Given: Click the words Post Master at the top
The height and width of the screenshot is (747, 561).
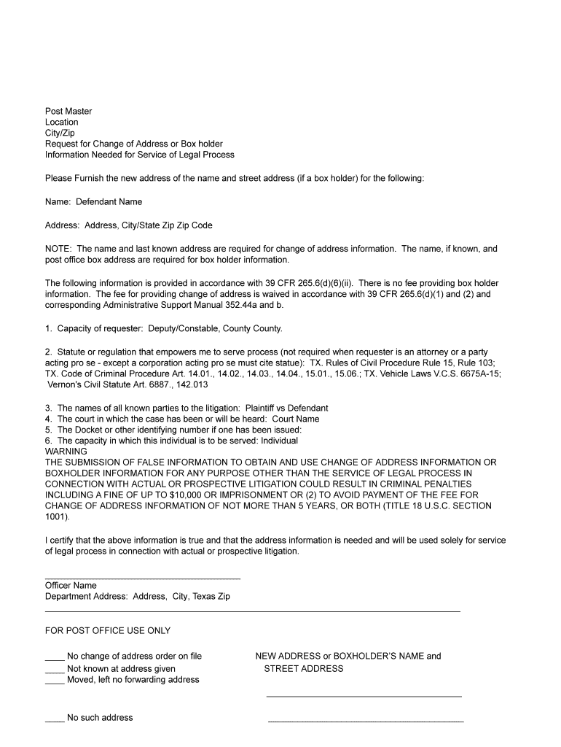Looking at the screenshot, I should [x=68, y=112].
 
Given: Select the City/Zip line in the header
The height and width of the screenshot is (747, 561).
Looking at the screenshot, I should [x=60, y=133].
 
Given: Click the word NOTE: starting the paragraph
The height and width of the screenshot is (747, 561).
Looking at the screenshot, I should [x=59, y=249].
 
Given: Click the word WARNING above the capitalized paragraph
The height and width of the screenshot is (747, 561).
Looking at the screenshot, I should [x=66, y=452].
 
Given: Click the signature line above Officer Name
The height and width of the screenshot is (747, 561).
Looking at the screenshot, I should [x=142, y=578].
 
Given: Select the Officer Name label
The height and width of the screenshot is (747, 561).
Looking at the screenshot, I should [x=71, y=586].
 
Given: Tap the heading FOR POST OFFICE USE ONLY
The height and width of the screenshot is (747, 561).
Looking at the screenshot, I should [x=108, y=631].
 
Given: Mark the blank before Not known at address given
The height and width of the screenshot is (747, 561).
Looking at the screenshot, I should [x=55, y=669].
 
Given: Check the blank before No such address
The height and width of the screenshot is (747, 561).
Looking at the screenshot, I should [x=55, y=719].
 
